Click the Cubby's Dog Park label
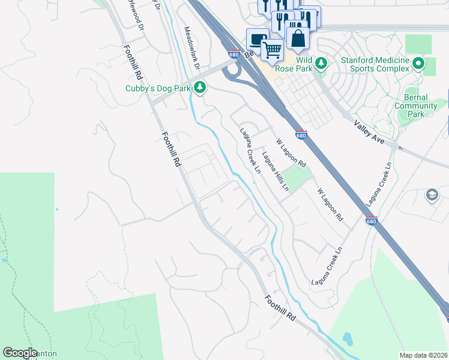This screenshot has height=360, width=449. (157, 89)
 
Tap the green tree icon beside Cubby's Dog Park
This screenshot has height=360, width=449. (200, 89)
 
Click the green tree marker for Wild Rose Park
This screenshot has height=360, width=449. (321, 62)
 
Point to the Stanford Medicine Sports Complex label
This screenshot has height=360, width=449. (375, 64)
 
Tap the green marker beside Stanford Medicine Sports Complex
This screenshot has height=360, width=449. (418, 62)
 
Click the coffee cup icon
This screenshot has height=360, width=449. (258, 40)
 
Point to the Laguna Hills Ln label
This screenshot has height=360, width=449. (276, 171)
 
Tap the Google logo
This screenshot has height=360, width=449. (20, 353)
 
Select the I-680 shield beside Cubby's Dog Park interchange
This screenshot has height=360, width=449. (234, 55)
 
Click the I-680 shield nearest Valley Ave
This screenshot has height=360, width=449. (301, 135)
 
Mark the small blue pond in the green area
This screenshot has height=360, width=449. (5, 260)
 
